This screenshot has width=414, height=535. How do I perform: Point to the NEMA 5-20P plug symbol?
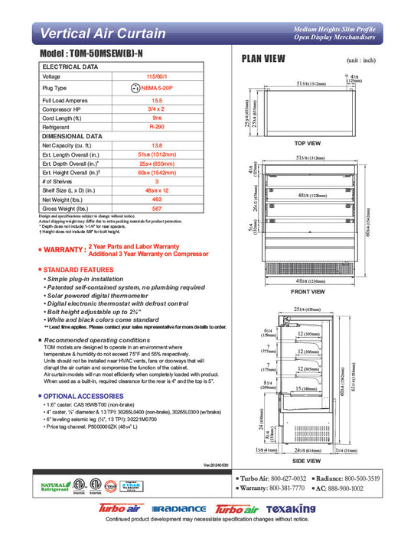click(136, 89)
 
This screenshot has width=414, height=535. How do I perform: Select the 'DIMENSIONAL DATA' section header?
click(70, 136)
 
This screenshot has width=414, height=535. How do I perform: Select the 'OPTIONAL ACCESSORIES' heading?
click(77, 396)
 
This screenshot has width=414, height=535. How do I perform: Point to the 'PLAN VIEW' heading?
click(264, 58)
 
